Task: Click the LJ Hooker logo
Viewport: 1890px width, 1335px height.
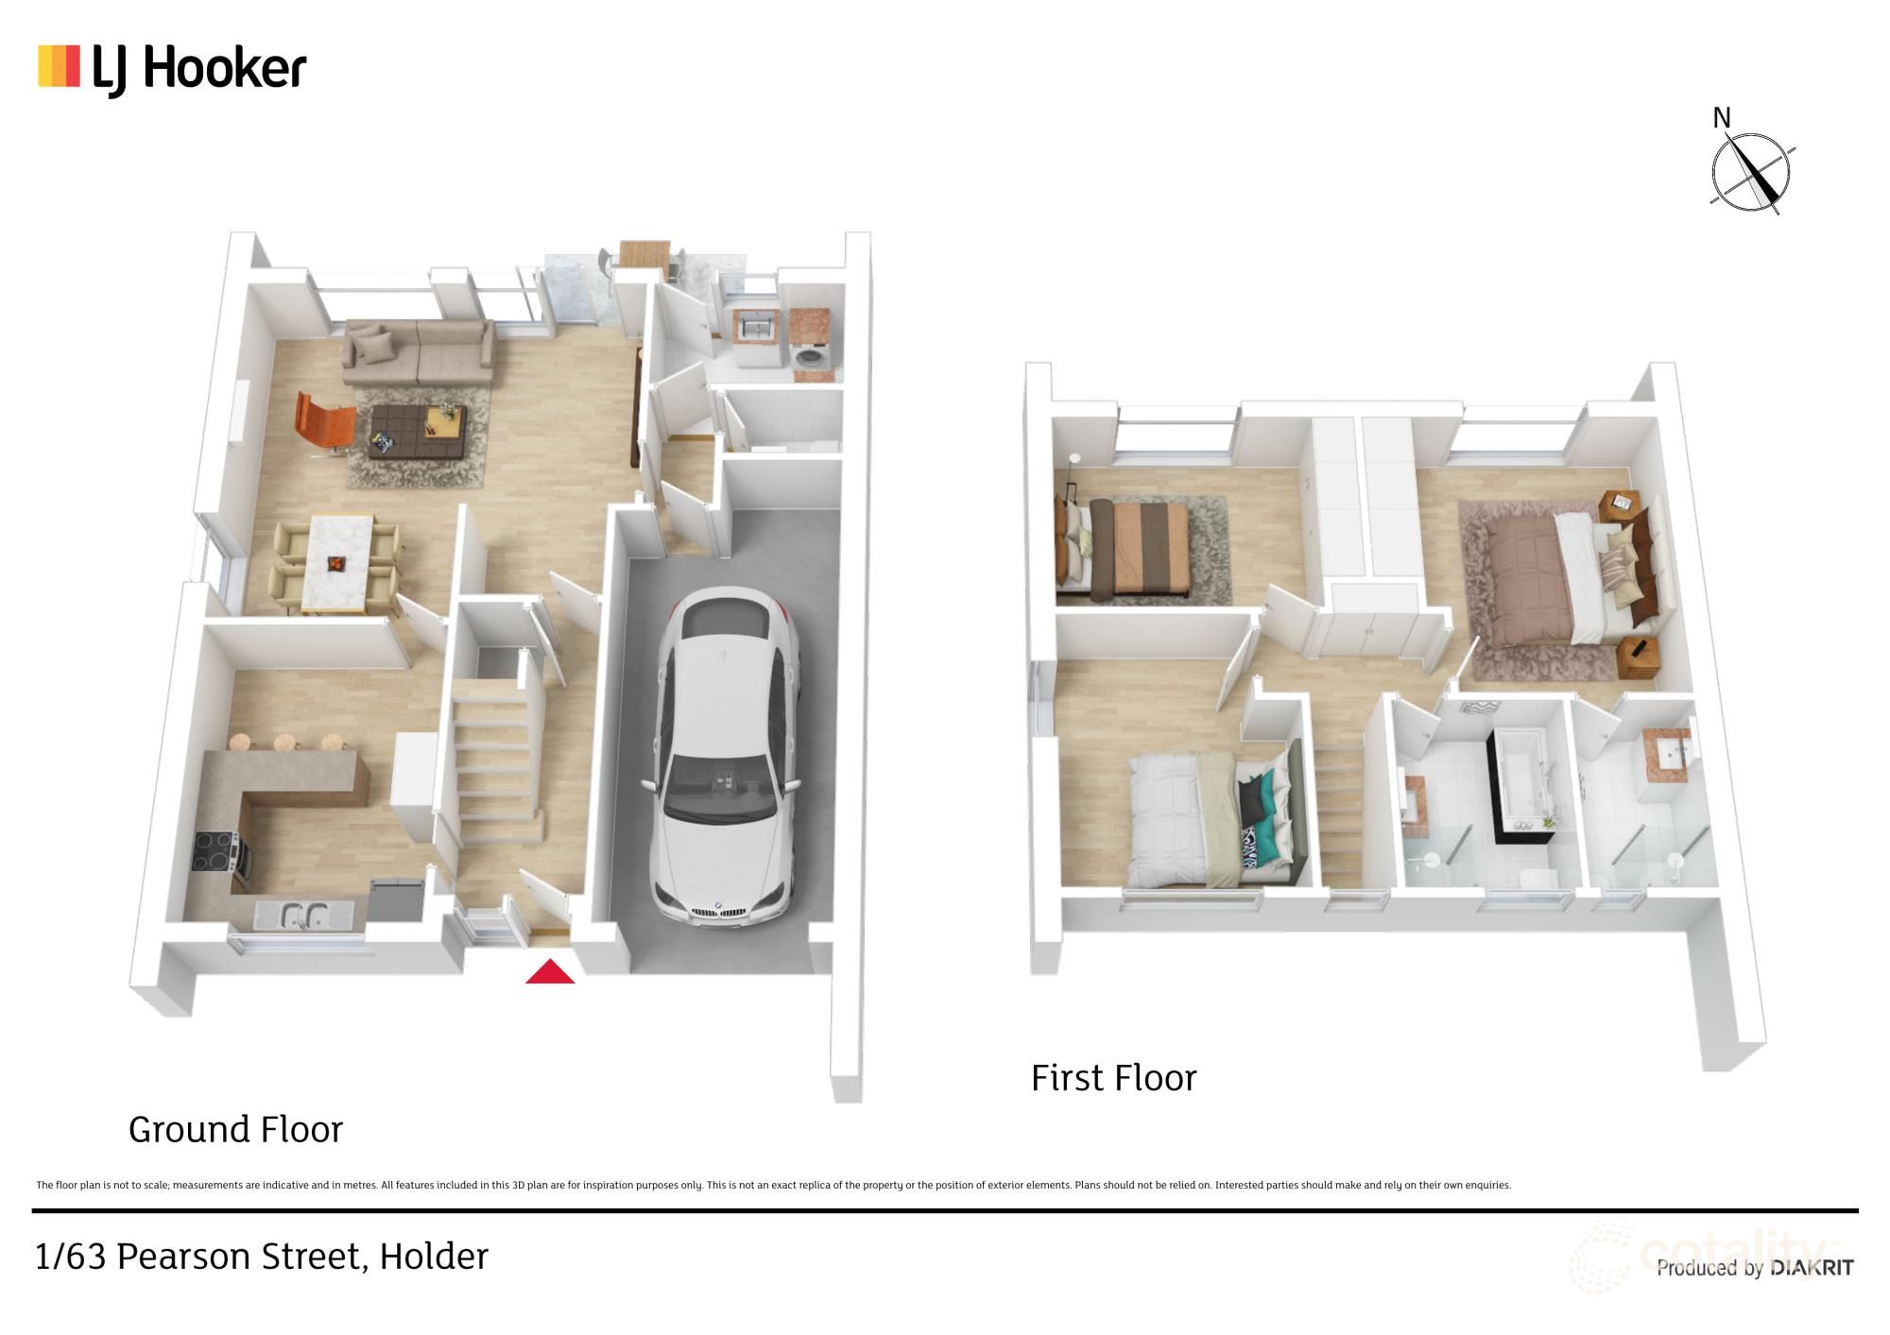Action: tap(172, 70)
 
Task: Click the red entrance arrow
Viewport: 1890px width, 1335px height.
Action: tap(550, 972)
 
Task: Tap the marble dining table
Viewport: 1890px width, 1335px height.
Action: tap(335, 561)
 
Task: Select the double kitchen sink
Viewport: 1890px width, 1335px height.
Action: tap(303, 915)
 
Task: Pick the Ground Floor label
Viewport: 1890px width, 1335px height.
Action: tap(235, 1129)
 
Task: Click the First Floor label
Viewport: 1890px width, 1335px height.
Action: tap(1113, 1078)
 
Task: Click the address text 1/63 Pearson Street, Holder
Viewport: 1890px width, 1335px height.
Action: tap(262, 1257)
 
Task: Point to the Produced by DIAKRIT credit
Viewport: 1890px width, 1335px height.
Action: tap(1754, 1268)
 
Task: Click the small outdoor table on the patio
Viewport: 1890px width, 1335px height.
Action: tap(644, 254)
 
